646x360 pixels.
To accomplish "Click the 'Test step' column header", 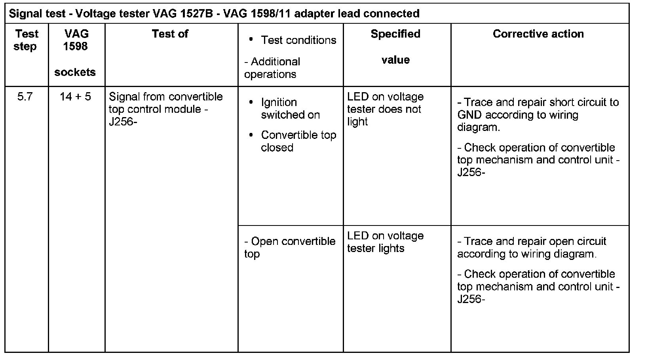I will [x=27, y=40].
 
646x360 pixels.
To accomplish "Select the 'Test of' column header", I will [x=170, y=34].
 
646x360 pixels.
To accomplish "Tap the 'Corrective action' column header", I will [x=538, y=34].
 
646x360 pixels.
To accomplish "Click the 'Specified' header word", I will [x=395, y=34].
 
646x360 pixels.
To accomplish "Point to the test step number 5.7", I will [x=25, y=97].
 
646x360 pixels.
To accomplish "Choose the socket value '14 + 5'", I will [x=75, y=97].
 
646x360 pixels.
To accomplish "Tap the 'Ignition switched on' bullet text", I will [x=290, y=108].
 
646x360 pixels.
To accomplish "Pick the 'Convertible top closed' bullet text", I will [x=298, y=141].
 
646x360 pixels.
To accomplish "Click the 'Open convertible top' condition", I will [x=290, y=247].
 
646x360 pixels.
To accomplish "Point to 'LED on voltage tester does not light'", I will [x=385, y=109].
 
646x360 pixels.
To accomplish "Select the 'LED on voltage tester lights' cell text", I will [x=385, y=242].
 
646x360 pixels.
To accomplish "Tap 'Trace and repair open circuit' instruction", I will [x=532, y=241].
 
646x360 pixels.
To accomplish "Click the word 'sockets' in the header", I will [x=75, y=72].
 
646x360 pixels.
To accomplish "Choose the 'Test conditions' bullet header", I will [x=298, y=40].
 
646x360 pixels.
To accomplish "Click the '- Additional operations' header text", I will [x=272, y=68].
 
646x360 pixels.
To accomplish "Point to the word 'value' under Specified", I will [x=395, y=60].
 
